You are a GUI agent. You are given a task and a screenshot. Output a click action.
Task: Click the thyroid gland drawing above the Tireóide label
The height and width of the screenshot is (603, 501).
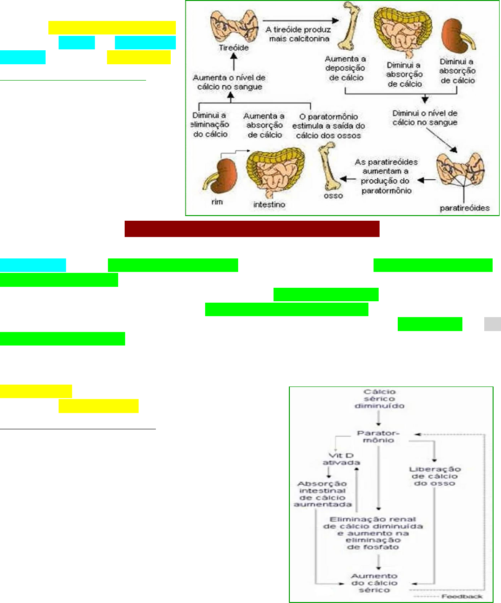click(x=234, y=26)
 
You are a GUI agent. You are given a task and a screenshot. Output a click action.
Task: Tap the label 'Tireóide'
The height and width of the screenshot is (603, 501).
click(x=234, y=47)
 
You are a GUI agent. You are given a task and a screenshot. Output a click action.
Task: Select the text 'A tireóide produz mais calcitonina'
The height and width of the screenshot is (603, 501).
click(x=299, y=34)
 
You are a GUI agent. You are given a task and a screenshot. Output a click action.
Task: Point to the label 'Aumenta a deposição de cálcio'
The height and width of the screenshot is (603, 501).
click(x=346, y=68)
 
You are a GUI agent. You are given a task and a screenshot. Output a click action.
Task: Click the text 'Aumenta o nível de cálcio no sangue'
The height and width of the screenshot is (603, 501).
click(x=229, y=82)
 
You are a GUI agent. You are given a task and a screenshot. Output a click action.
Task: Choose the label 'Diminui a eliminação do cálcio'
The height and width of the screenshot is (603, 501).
click(x=210, y=125)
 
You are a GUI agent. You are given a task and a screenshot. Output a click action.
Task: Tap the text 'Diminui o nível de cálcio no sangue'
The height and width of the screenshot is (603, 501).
click(x=425, y=118)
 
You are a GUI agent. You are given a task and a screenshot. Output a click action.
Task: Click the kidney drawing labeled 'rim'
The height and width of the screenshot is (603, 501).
click(x=221, y=176)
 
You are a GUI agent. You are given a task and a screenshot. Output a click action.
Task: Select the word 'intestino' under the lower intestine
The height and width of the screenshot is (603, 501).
click(x=269, y=204)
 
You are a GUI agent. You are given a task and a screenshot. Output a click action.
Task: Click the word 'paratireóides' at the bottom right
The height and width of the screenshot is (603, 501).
click(x=465, y=208)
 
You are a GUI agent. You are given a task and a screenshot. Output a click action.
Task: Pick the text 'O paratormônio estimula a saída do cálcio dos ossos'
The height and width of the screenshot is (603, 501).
click(x=328, y=126)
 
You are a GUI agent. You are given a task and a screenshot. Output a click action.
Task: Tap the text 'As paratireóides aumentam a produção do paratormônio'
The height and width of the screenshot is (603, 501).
click(x=386, y=176)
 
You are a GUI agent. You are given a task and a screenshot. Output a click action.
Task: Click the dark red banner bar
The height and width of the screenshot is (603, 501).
click(x=252, y=229)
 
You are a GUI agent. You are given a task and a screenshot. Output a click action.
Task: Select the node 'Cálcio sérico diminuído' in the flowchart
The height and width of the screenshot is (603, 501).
click(x=379, y=399)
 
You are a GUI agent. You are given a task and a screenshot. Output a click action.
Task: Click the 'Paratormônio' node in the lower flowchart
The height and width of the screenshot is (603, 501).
click(x=378, y=436)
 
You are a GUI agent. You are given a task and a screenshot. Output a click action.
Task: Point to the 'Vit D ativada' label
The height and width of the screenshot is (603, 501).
click(x=341, y=459)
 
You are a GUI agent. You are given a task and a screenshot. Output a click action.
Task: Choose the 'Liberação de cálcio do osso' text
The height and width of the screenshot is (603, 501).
click(x=434, y=476)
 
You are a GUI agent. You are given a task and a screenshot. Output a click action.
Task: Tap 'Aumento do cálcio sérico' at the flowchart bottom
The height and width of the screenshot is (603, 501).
click(x=374, y=583)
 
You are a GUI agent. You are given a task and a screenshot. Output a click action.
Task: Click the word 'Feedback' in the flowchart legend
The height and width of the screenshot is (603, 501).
click(x=462, y=596)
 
